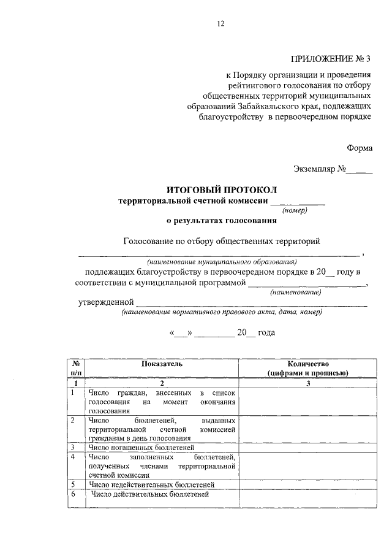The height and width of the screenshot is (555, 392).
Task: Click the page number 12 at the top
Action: [221, 24]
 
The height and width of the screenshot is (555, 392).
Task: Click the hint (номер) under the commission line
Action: [295, 210]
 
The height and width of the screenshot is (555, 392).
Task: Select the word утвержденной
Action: [105, 302]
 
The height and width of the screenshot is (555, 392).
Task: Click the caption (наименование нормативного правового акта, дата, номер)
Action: [222, 312]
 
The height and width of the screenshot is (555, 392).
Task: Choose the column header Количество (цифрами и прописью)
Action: [308, 368]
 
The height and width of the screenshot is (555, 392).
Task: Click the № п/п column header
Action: [76, 368]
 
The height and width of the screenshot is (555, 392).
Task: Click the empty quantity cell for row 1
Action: [308, 401]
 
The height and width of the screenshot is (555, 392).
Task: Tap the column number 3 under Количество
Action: [308, 383]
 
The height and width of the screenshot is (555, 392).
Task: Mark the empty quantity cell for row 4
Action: [308, 465]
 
